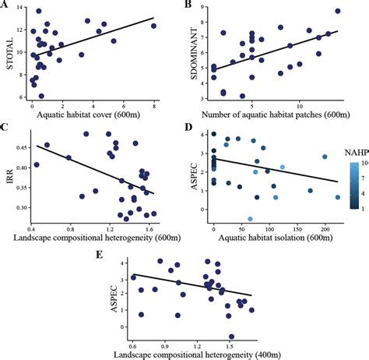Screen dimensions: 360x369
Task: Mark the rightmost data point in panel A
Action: pos(153,26)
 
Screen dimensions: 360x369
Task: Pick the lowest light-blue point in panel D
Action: pos(250,220)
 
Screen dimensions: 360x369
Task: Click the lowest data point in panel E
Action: pos(231,337)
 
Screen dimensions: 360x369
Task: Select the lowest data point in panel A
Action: pos(41,96)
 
